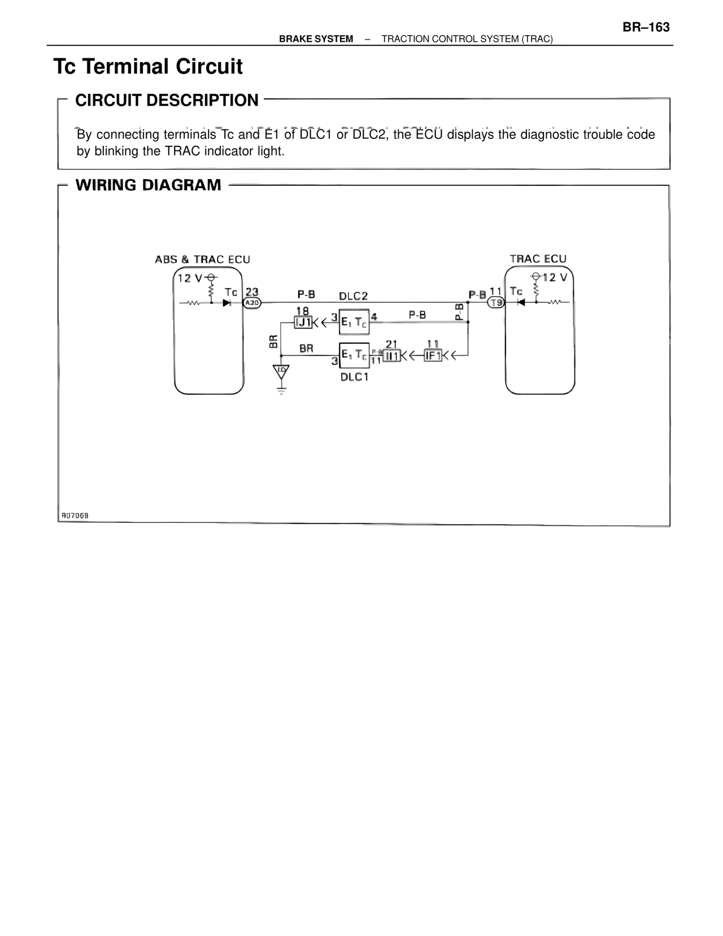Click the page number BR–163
point(646,27)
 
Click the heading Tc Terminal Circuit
point(148,67)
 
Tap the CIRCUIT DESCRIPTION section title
point(167,101)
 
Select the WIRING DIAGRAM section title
point(149,185)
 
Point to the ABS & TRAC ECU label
point(202,259)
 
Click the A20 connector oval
point(252,303)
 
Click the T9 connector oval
point(496,303)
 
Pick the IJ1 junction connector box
point(303,323)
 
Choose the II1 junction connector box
point(391,356)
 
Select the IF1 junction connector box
point(433,356)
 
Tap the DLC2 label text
point(354,296)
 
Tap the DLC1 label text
point(354,377)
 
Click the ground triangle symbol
point(281,371)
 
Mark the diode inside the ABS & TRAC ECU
point(227,303)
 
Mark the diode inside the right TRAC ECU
point(521,302)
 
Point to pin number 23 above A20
point(252,292)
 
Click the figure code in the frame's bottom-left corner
point(75,515)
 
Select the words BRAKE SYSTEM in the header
point(316,39)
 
